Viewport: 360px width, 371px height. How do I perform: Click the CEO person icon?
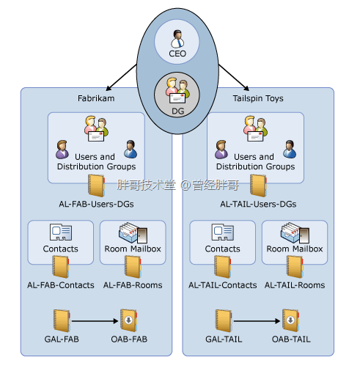tap(177, 39)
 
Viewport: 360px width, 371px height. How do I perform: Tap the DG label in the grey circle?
tap(177, 111)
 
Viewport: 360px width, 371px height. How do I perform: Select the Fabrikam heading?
tap(96, 98)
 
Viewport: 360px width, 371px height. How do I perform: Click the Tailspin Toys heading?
tap(258, 98)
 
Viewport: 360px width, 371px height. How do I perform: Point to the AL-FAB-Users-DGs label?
tap(96, 204)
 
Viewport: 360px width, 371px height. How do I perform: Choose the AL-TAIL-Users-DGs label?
tap(258, 204)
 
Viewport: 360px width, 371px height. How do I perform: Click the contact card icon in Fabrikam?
tap(61, 232)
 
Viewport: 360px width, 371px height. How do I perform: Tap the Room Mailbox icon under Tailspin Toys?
tap(295, 232)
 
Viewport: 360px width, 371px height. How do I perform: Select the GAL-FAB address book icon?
tap(62, 320)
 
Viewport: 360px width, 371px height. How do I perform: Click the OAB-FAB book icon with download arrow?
tap(128, 320)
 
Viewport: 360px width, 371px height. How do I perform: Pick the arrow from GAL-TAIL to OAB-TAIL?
tap(257, 321)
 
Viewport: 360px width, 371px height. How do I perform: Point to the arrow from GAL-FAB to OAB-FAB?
tap(95, 321)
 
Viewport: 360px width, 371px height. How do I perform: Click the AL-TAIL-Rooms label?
tap(295, 285)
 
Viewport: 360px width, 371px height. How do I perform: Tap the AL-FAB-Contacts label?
tap(61, 285)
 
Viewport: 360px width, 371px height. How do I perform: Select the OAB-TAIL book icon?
tap(290, 320)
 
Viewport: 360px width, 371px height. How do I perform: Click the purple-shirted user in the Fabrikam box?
tap(62, 150)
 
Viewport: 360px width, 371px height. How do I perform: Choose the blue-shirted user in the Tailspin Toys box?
tap(290, 149)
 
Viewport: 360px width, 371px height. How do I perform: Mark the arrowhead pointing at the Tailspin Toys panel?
tap(246, 88)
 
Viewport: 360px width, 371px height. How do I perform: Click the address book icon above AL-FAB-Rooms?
tap(133, 267)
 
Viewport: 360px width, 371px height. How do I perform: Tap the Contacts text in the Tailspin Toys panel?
tap(222, 249)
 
